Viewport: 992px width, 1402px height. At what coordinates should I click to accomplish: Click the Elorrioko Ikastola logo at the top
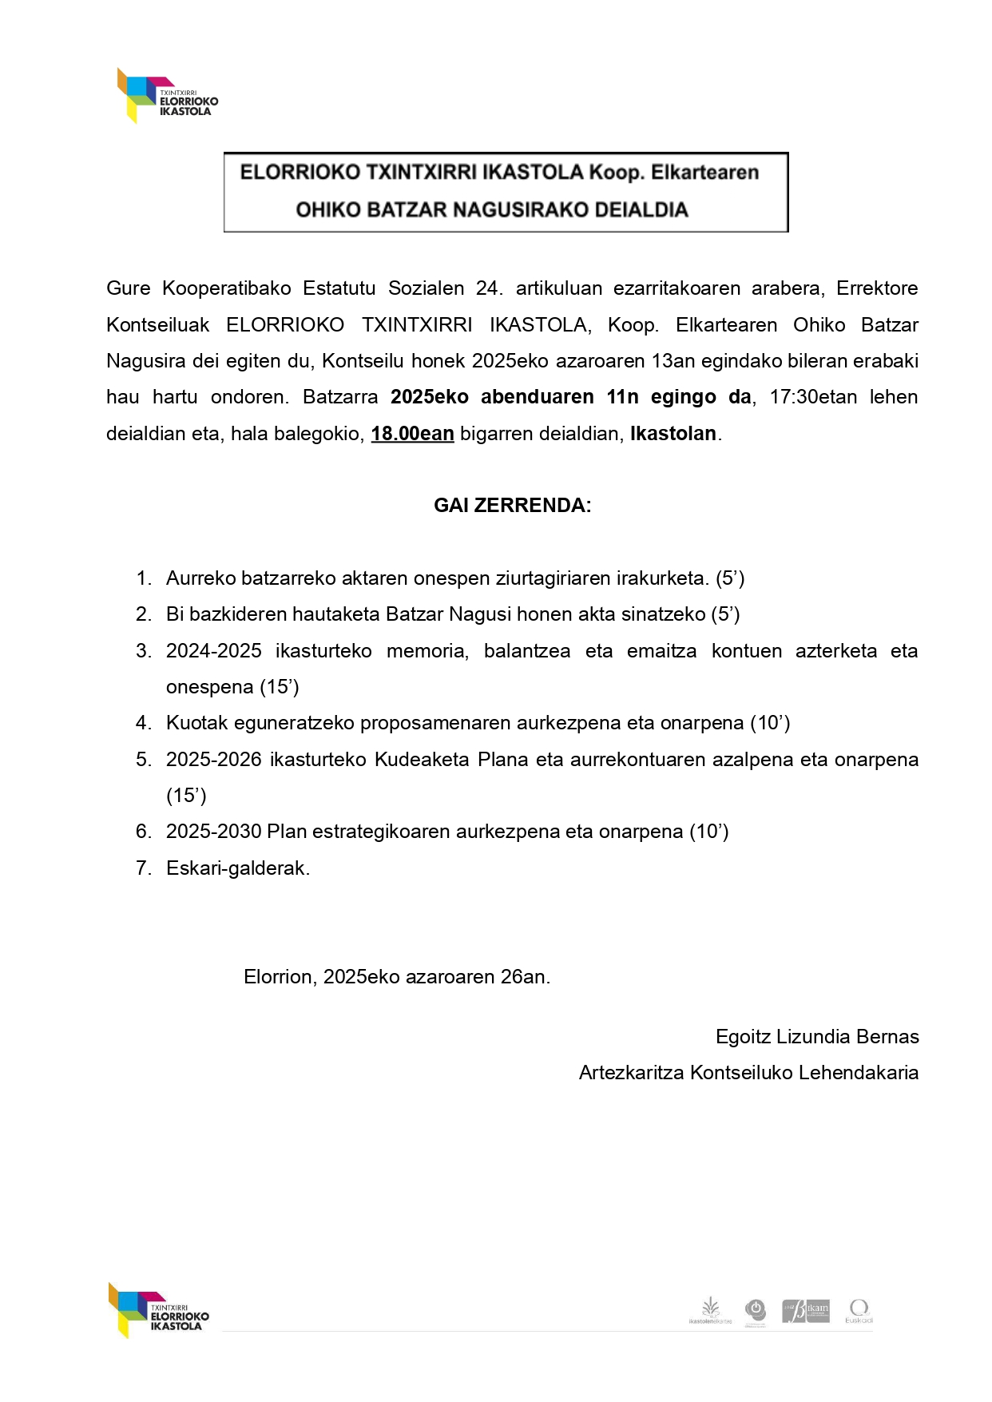pos(166,96)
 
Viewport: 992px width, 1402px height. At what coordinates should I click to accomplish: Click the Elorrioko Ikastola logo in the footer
pos(158,1310)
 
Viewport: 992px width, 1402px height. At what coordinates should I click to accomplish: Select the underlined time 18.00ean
pos(412,434)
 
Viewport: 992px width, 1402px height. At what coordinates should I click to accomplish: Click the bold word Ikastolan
pos(673,434)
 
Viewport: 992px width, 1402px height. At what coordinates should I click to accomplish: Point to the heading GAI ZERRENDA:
pos(512,506)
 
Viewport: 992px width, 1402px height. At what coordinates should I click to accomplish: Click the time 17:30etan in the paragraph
pos(812,397)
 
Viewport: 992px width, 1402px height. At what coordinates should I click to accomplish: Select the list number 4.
pos(143,723)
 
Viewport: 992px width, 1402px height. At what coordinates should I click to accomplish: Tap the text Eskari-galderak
pos(238,868)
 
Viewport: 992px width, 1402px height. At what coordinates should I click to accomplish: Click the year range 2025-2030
pos(213,832)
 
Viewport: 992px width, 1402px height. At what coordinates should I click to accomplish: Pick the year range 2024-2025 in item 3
pos(213,651)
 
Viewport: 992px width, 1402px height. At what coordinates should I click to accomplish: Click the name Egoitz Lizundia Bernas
pos(816,1037)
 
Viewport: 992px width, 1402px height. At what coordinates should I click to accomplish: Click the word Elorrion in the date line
pos(280,977)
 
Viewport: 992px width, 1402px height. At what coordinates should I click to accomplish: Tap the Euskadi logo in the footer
pos(859,1310)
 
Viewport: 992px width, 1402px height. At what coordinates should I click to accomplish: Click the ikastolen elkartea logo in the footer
pos(709,1310)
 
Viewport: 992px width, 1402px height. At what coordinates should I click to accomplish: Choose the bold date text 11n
pos(622,397)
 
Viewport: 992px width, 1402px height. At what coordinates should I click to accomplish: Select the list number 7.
pos(143,868)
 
